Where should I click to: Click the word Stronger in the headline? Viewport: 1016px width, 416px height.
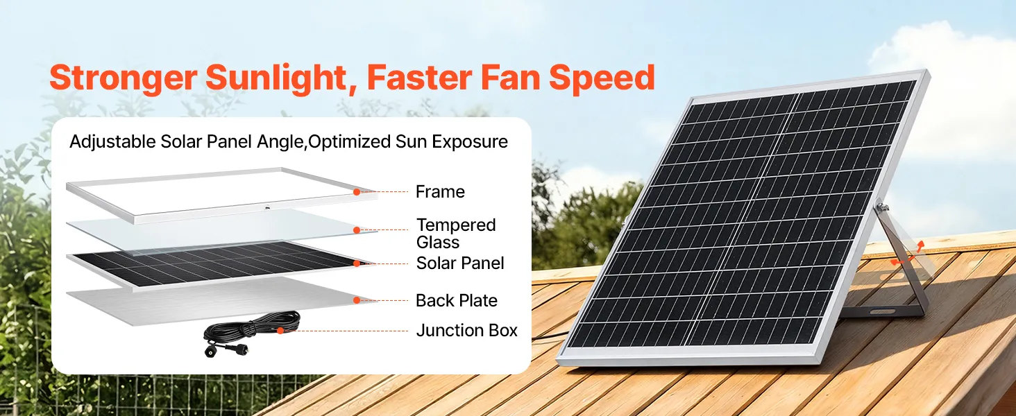point(124,78)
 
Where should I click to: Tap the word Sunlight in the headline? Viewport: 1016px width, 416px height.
point(276,78)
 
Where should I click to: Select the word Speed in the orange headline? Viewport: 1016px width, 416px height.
point(602,78)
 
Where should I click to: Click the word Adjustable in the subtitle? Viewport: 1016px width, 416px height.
point(112,142)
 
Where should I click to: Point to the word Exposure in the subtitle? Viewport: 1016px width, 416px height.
point(469,142)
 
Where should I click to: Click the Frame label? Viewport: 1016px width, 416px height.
point(440,191)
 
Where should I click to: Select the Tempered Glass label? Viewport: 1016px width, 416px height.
point(456,234)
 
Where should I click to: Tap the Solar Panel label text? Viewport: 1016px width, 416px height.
point(460,263)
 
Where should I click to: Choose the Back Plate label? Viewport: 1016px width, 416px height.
point(456,300)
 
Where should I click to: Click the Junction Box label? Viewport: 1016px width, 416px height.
point(467,330)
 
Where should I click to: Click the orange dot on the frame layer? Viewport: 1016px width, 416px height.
point(357,192)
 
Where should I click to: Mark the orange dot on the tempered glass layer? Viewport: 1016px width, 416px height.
point(357,230)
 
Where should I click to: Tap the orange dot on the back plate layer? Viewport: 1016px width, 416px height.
point(357,300)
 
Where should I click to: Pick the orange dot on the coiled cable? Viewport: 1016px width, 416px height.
point(280,331)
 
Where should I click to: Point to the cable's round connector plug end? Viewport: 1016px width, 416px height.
point(210,352)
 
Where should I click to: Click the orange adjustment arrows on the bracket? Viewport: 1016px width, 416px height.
point(907,255)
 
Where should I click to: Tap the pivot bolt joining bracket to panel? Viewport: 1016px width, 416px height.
point(882,208)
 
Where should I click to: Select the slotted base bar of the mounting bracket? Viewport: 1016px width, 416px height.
point(882,311)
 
